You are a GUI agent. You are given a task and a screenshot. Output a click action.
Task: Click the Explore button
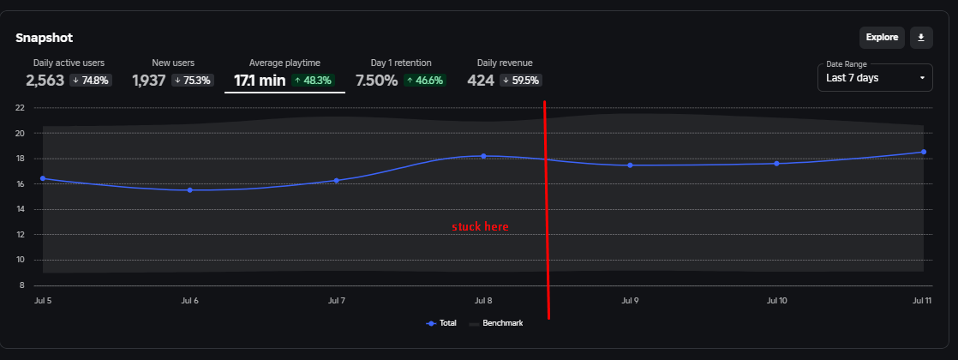click(882, 37)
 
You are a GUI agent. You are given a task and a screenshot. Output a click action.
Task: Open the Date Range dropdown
click(875, 77)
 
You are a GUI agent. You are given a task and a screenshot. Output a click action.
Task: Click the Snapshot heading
click(45, 38)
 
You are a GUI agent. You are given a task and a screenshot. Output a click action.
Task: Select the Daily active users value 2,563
click(45, 81)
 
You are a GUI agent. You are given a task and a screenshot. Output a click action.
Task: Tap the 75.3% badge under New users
click(193, 81)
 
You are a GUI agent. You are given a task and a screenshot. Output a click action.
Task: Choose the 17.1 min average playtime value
click(259, 81)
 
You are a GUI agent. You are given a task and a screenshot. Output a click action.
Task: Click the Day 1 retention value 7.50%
click(376, 81)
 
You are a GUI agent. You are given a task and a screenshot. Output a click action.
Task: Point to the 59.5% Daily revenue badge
click(522, 81)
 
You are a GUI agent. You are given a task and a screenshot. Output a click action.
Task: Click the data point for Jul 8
click(483, 156)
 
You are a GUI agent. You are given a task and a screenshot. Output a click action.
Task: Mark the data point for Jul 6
click(189, 190)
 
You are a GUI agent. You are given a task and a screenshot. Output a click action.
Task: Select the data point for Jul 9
click(630, 165)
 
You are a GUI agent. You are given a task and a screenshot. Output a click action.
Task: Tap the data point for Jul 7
click(337, 180)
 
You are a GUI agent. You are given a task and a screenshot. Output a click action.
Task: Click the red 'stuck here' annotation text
click(480, 227)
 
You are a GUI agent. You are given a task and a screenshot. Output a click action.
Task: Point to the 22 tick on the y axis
click(19, 108)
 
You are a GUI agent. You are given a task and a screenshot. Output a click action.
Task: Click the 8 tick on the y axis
click(21, 285)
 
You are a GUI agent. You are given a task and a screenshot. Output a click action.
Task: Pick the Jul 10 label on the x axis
click(776, 301)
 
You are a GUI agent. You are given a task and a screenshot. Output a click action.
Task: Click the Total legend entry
click(441, 323)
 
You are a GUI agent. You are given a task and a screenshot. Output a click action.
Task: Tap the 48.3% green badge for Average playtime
click(314, 81)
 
